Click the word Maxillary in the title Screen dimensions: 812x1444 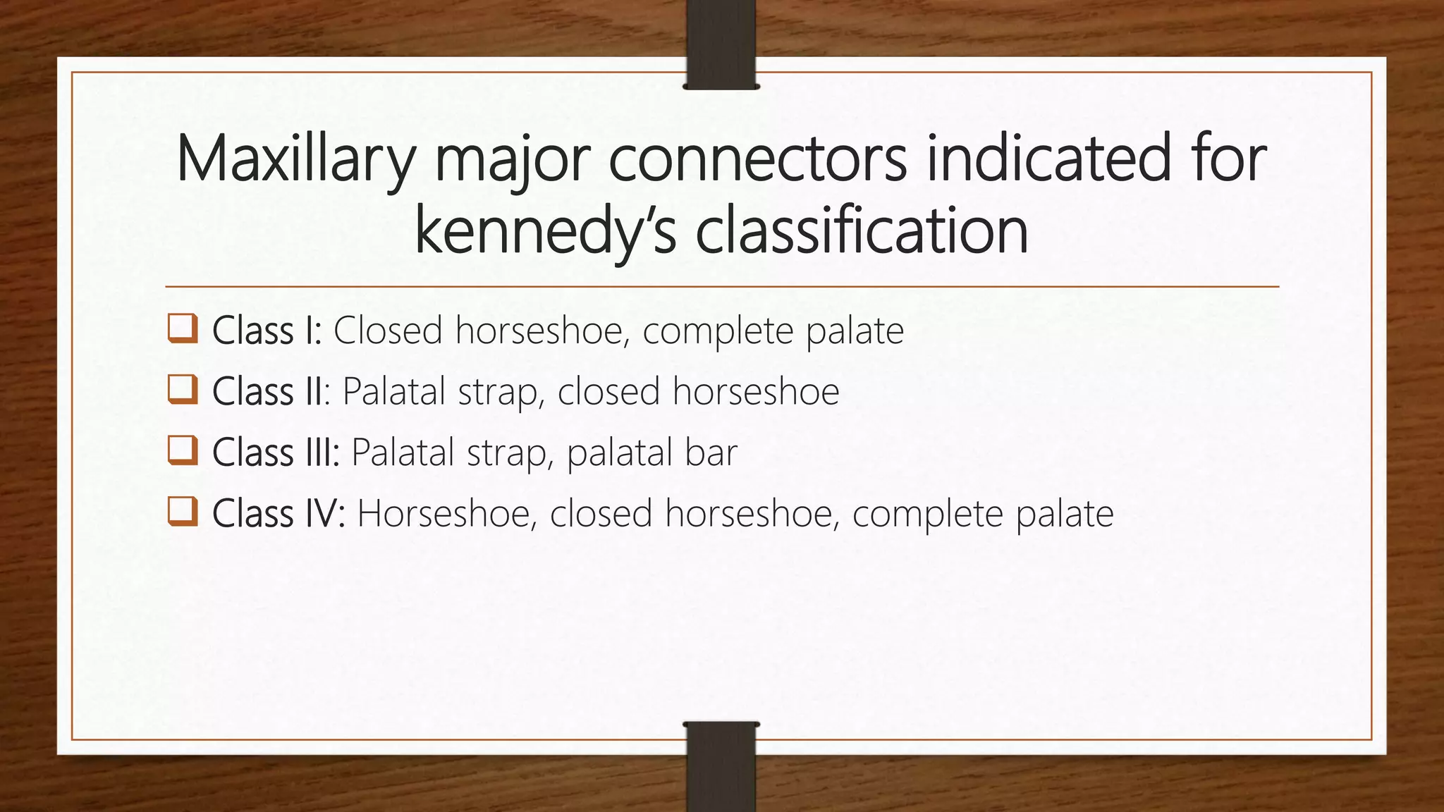[x=295, y=159]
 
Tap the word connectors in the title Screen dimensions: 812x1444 [x=757, y=159]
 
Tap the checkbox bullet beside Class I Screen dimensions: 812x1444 [x=183, y=329]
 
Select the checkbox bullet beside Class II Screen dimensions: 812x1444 [x=183, y=390]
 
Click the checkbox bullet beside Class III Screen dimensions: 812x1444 [x=183, y=450]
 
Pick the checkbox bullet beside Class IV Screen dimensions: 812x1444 [x=183, y=512]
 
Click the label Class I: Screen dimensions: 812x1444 [x=267, y=331]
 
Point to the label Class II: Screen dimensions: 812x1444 [x=271, y=391]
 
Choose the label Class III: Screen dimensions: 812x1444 [x=276, y=452]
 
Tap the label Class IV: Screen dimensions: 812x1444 [x=279, y=513]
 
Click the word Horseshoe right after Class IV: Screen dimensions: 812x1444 [x=445, y=513]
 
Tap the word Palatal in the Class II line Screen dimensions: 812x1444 [x=395, y=391]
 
